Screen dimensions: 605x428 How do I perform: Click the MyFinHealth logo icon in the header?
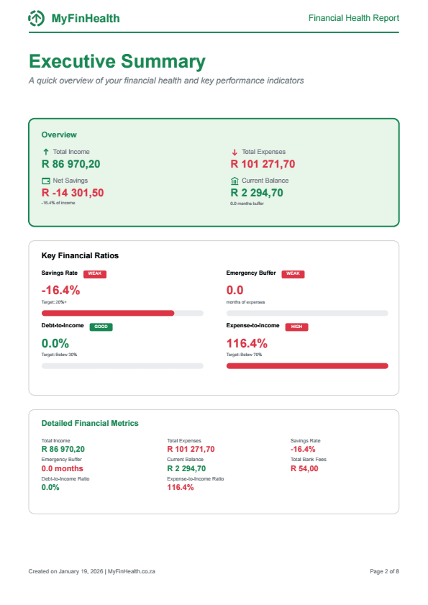pos(37,19)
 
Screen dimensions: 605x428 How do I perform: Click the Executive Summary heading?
pos(117,61)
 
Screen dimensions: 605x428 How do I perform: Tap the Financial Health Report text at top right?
pos(353,19)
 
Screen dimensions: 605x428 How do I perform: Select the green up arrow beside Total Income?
pos(46,152)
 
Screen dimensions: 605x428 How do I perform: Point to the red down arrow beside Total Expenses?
pos(235,152)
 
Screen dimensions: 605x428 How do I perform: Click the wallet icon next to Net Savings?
pos(46,181)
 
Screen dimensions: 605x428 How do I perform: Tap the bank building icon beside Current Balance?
pos(235,181)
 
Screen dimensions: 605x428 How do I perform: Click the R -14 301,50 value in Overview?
pos(73,193)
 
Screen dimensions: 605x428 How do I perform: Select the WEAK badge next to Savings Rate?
pos(95,274)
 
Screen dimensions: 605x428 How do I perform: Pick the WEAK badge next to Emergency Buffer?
pos(293,274)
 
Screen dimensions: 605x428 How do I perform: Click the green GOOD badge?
pos(101,327)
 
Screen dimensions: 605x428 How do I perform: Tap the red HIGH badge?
pos(296,327)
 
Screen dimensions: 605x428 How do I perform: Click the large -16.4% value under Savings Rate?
pos(61,291)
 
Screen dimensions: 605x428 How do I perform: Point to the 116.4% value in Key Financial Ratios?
pos(247,343)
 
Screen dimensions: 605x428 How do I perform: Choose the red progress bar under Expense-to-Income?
pos(307,366)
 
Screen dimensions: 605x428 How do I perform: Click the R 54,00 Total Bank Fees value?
pos(304,469)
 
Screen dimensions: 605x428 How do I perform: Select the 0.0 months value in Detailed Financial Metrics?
pos(62,469)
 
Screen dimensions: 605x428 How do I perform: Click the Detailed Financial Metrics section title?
pos(90,424)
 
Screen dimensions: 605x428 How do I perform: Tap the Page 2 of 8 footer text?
pos(384,571)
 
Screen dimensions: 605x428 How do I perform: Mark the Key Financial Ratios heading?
pos(80,255)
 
